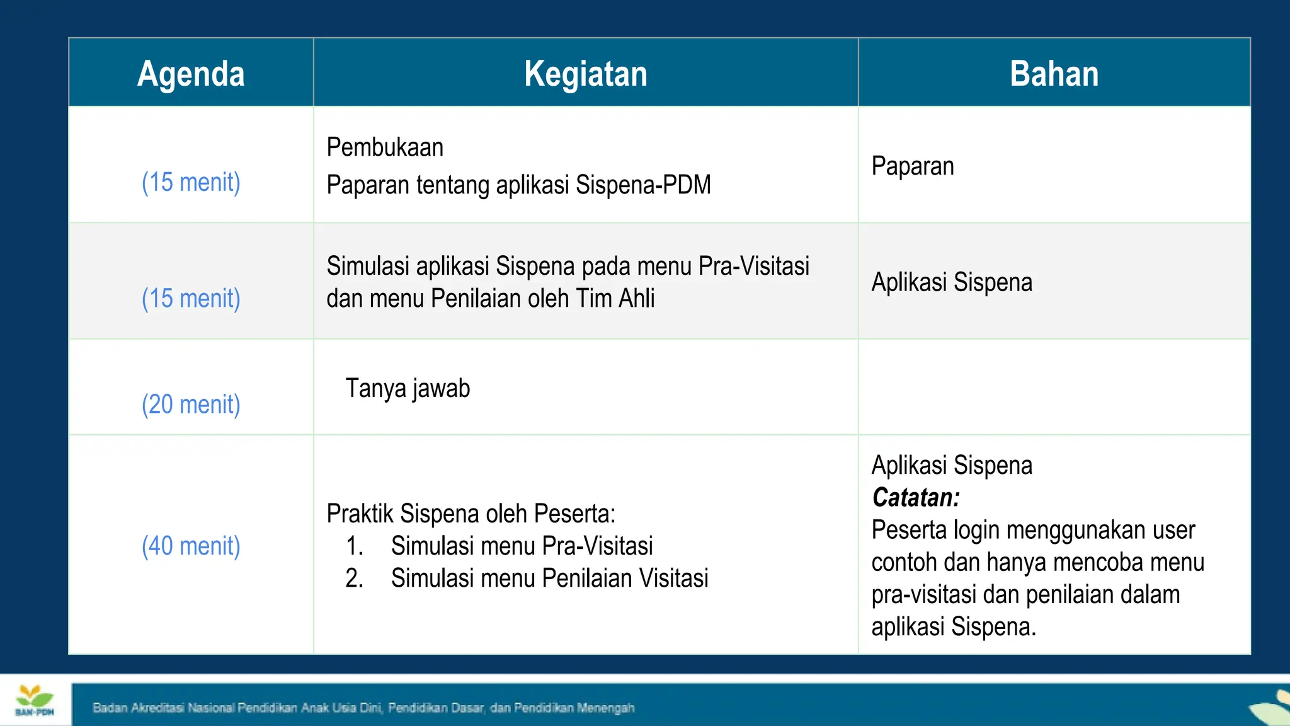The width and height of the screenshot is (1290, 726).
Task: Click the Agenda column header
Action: pos(191,74)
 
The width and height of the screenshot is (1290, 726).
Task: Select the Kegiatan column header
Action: pos(585,74)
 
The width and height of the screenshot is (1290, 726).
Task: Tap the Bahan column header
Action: pos(1054,74)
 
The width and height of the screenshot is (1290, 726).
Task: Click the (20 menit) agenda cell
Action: pos(191,404)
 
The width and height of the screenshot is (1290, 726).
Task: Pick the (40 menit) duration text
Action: pos(191,546)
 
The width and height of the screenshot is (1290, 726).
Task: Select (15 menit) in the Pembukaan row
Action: pos(191,182)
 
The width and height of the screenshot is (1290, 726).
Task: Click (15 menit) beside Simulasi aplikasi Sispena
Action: pos(191,298)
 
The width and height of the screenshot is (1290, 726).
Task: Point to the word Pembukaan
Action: pos(385,147)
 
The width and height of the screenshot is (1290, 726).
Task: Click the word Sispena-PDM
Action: pos(643,185)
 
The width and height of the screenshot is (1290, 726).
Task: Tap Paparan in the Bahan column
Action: pos(913,166)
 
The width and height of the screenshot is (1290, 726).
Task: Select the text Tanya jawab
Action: pos(408,388)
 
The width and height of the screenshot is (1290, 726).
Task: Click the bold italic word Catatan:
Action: pos(916,497)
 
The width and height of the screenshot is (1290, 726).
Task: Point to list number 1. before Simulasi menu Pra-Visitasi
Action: pos(355,546)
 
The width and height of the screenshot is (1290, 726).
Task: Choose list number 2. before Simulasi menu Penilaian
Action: pos(355,578)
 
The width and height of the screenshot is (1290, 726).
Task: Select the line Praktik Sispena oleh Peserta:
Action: pos(471,514)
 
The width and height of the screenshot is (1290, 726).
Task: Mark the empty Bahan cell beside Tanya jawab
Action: pos(1054,387)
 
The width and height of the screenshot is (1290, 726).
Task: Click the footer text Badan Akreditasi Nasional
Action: pos(164,708)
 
